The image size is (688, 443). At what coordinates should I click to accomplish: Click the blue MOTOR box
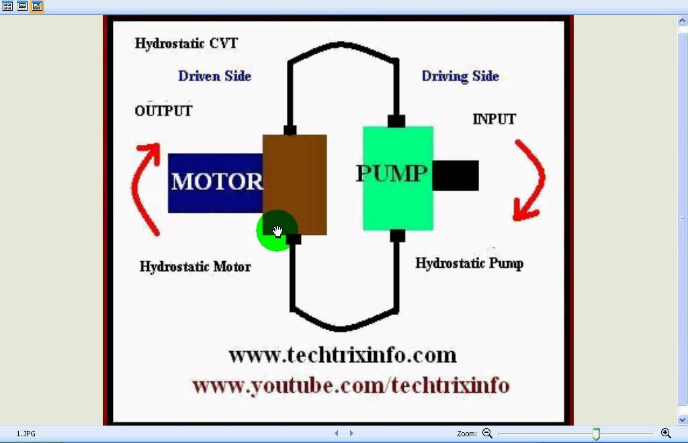click(x=215, y=183)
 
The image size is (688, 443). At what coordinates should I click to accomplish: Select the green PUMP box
click(x=397, y=201)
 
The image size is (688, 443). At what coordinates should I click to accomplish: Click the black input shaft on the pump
click(x=456, y=175)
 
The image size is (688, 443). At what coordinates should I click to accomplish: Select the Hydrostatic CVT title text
click(x=186, y=44)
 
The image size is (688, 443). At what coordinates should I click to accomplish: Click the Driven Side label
click(x=214, y=76)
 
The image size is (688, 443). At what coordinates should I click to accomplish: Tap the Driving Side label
click(x=460, y=76)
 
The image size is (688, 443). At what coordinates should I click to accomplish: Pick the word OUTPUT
click(x=163, y=111)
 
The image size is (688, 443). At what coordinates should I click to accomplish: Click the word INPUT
click(x=494, y=119)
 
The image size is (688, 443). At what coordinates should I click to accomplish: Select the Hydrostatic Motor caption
click(x=195, y=266)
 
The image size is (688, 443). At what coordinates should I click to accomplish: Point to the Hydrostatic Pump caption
click(x=469, y=262)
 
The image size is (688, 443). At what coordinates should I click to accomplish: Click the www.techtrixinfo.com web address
click(x=342, y=354)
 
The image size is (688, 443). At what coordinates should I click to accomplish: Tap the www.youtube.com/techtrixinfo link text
click(x=351, y=385)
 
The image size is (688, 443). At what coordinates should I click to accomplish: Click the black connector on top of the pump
click(x=396, y=121)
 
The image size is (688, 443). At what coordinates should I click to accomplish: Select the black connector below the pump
click(x=397, y=236)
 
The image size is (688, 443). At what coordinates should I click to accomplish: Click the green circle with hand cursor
click(x=276, y=231)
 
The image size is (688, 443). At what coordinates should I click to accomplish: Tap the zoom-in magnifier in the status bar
click(x=666, y=434)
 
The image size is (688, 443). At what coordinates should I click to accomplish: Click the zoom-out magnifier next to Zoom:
click(x=487, y=434)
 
